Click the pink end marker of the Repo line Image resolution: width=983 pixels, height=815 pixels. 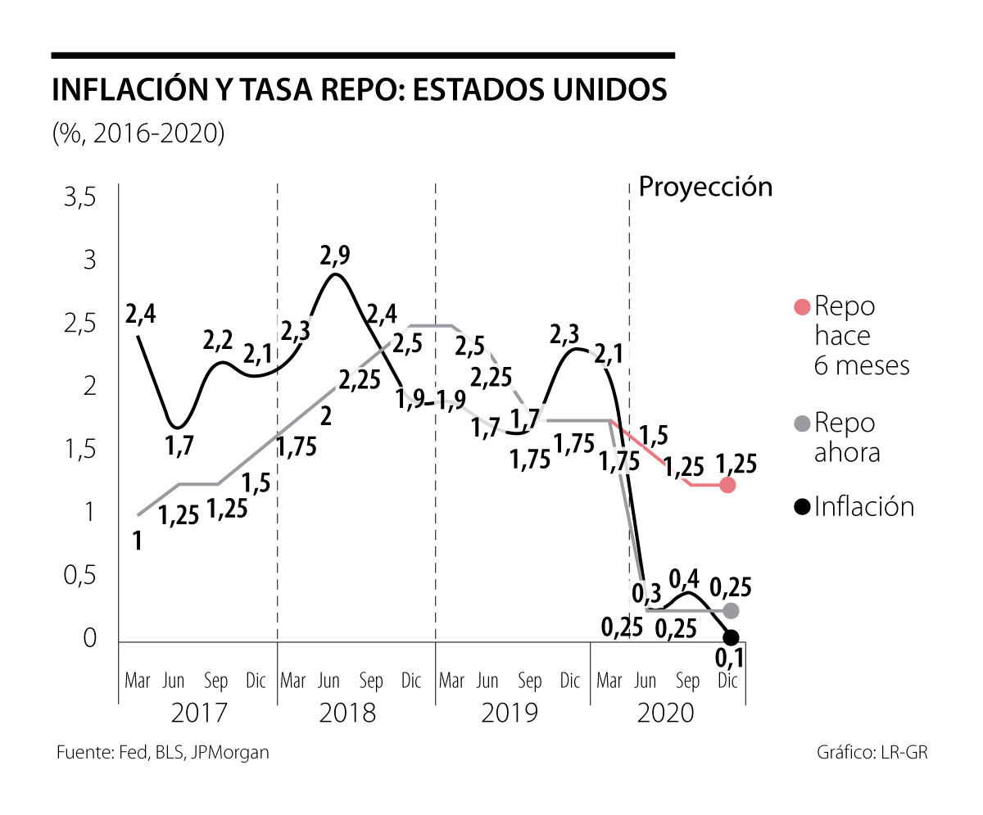pos(727,485)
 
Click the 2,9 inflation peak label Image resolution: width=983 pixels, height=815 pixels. pos(334,256)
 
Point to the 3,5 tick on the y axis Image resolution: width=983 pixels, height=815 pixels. pos(80,198)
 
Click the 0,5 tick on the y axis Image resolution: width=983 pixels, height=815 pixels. pos(80,576)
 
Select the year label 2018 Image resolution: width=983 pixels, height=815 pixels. pos(347,713)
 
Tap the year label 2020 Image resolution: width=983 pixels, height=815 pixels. pos(665,713)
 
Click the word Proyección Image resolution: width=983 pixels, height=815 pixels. pos(705,187)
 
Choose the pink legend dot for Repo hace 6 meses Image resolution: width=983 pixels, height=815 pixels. pos(802,307)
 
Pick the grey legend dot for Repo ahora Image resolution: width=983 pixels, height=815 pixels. pos(802,423)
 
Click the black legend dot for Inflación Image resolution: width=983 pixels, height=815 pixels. pos(802,507)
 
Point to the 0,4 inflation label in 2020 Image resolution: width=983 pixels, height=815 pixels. pos(686,579)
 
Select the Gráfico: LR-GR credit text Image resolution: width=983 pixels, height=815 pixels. pos(872,752)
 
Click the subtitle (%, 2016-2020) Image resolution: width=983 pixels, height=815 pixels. pos(138,133)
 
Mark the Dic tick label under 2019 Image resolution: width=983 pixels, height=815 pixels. pos(569,681)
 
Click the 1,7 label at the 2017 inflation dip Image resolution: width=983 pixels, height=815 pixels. pos(180,446)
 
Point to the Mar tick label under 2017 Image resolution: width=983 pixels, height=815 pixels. pos(137,681)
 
